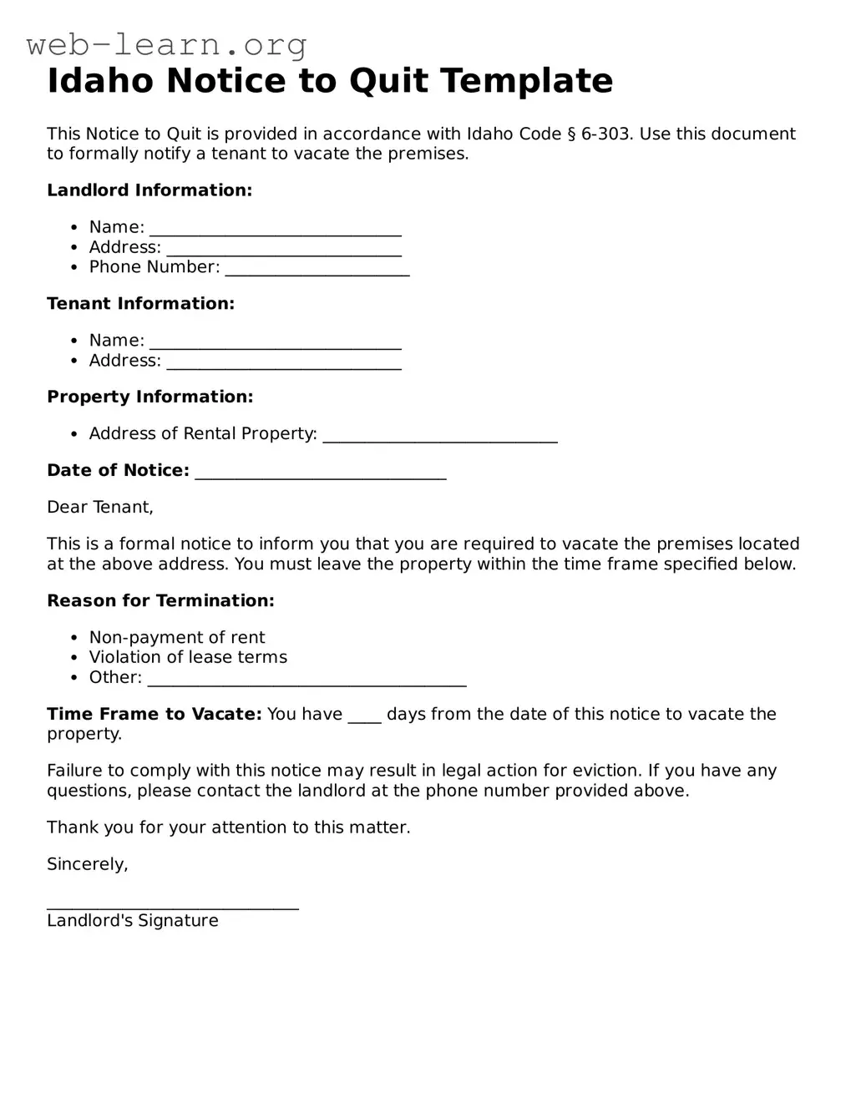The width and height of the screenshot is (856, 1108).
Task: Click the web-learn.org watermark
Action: point(167,44)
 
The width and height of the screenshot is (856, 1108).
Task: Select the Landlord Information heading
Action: point(149,190)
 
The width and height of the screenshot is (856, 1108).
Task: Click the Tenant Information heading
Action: point(140,304)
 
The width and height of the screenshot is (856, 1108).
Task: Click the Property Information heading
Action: point(149,397)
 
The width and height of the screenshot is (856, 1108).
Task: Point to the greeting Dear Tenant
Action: point(100,508)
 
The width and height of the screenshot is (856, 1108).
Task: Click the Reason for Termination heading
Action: point(160,601)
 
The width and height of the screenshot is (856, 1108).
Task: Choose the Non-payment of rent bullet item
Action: point(177,638)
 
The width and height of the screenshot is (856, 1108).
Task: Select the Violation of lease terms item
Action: point(188,658)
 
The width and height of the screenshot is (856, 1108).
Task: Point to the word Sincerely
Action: point(88,865)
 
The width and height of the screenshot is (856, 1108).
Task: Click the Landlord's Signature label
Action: point(133,921)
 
